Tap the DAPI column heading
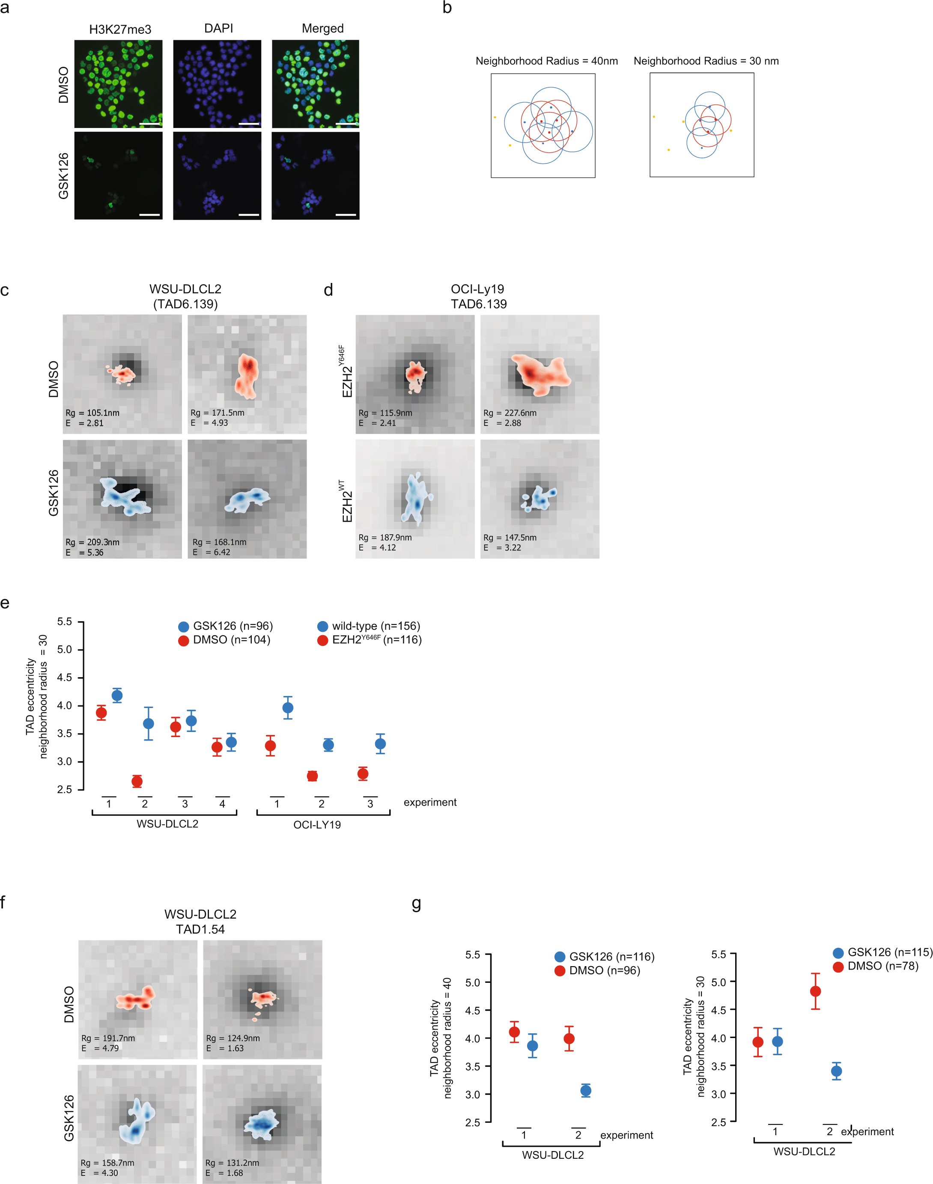tap(218, 28)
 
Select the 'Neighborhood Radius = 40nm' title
tap(546, 61)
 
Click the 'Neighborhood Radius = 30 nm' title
tap(706, 61)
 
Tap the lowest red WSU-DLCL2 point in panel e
tap(137, 782)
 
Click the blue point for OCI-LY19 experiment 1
tap(288, 708)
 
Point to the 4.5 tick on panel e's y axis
tap(65, 678)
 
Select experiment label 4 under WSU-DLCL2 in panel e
tap(222, 804)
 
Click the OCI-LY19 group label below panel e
tap(317, 825)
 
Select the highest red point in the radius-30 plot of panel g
tap(815, 991)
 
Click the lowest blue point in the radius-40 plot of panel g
tap(586, 1091)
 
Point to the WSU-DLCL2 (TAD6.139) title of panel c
tap(185, 297)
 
